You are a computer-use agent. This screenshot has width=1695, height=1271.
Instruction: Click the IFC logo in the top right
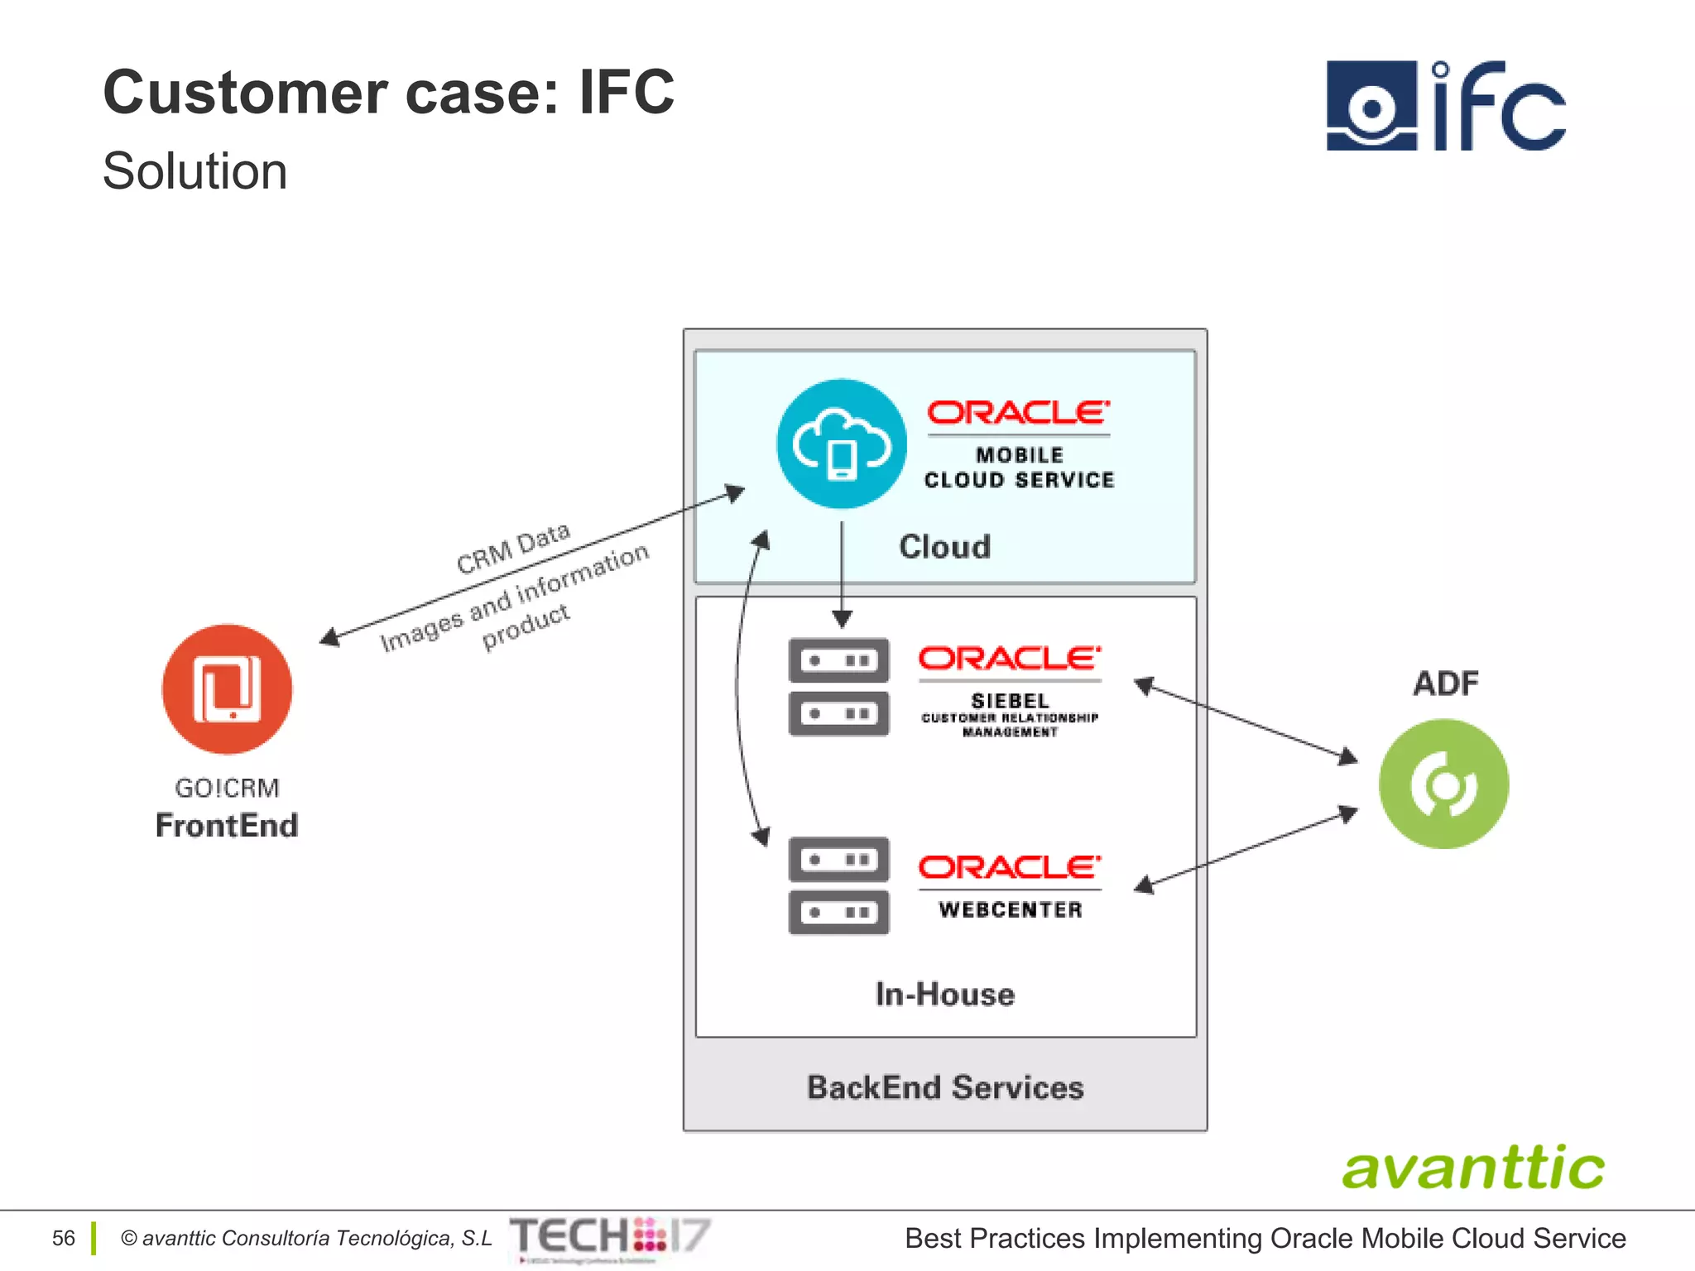coord(1445,105)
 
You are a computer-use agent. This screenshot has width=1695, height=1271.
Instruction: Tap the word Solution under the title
coord(194,171)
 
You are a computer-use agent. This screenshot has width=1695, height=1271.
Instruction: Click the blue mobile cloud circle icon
coord(841,444)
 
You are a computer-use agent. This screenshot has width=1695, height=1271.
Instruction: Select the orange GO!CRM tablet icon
coord(227,688)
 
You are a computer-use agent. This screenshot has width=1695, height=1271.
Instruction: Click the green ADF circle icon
coord(1443,784)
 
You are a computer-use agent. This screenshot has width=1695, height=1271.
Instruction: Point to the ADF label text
coord(1445,683)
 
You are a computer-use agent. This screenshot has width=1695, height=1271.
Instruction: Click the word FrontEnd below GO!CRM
coord(227,826)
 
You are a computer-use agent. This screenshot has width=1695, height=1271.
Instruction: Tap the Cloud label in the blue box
coord(944,547)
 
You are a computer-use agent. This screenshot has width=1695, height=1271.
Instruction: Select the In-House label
coord(944,994)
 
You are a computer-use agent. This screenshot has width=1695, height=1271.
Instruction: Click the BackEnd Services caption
coord(944,1087)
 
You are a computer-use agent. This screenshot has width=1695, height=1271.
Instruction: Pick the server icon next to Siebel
coord(838,687)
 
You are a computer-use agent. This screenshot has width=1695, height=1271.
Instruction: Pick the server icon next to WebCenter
coord(838,885)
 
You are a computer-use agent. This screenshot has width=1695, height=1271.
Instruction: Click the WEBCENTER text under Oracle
coord(1010,909)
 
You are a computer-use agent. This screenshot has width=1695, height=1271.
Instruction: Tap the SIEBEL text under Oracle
coord(1010,700)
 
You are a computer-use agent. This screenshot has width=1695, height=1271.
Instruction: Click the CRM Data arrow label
coord(513,548)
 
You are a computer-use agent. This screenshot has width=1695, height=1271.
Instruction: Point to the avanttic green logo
coord(1473,1168)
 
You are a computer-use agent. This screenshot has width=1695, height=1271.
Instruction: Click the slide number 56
coord(63,1238)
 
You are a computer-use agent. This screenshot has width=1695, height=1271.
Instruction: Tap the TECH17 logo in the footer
coord(610,1236)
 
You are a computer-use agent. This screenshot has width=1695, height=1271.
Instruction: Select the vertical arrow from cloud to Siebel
coord(842,571)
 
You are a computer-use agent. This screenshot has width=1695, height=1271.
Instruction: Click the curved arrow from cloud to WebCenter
coord(737,687)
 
